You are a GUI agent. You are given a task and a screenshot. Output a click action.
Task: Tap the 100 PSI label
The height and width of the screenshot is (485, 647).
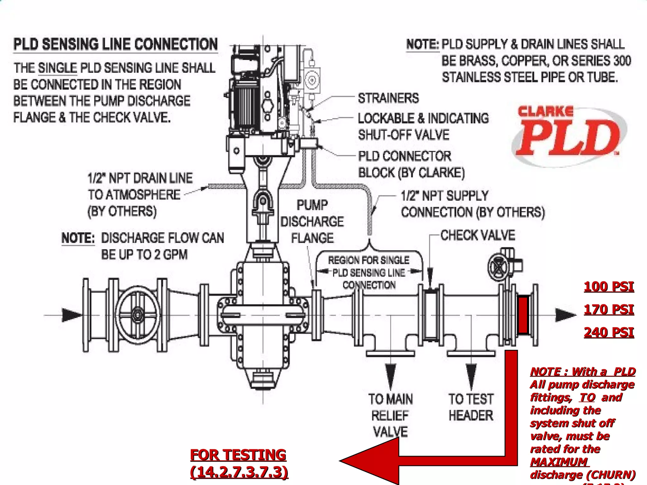[608, 287]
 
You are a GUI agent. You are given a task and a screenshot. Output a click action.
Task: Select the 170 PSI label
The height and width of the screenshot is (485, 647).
[608, 309]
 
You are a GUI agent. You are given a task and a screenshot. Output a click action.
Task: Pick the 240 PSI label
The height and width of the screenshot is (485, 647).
[608, 332]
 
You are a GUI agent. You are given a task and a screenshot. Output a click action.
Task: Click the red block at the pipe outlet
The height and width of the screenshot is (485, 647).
[523, 315]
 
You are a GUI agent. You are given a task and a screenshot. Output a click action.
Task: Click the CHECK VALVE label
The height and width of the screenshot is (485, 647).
[477, 235]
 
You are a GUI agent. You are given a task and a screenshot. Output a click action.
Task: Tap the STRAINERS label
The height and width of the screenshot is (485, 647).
[388, 98]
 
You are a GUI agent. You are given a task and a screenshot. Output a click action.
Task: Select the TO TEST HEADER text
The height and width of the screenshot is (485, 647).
[471, 407]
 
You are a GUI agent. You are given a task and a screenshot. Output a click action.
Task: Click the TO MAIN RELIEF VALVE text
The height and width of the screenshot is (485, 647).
[390, 415]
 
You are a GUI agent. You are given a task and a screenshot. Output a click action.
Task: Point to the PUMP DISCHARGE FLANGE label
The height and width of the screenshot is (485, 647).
[312, 221]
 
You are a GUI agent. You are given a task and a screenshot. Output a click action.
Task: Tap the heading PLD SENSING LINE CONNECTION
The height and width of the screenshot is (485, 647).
[116, 44]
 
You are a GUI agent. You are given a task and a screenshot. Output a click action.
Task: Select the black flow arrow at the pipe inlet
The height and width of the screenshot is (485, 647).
[71, 315]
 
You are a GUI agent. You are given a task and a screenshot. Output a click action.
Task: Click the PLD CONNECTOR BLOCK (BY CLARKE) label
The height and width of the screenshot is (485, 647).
[411, 164]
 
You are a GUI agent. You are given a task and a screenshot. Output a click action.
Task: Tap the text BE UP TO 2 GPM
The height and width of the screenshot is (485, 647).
[144, 254]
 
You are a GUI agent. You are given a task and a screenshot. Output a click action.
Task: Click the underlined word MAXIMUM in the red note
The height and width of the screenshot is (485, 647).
[559, 462]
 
